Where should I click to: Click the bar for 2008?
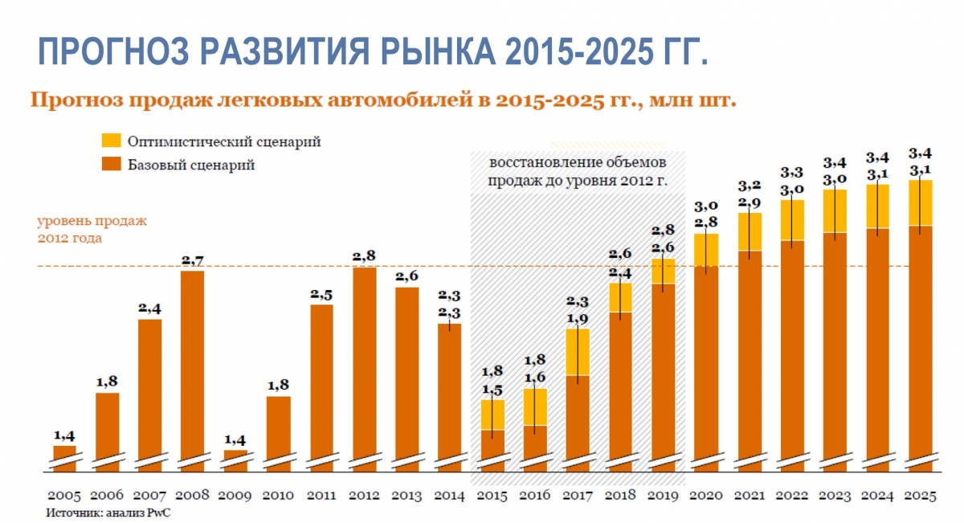pos(192,371)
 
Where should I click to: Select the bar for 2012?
pos(365,370)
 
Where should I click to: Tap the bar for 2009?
pos(236,461)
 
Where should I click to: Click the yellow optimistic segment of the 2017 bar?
pos(578,352)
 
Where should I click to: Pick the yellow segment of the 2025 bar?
pos(921,202)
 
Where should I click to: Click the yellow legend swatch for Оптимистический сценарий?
pos(111,141)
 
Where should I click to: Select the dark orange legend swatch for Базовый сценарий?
pos(111,164)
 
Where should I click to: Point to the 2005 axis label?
pos(64,496)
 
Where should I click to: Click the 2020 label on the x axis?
pos(706,496)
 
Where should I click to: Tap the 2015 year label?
pos(492,496)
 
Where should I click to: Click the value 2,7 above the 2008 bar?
pos(192,261)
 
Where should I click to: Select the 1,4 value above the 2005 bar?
pos(64,436)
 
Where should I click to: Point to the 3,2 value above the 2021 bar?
pos(750,186)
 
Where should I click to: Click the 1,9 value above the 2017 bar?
pos(578,319)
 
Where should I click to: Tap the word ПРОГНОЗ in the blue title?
pos(113,51)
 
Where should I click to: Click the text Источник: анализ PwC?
pos(108,513)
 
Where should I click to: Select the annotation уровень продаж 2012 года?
pos(92,230)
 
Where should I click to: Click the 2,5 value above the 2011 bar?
pos(321,295)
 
